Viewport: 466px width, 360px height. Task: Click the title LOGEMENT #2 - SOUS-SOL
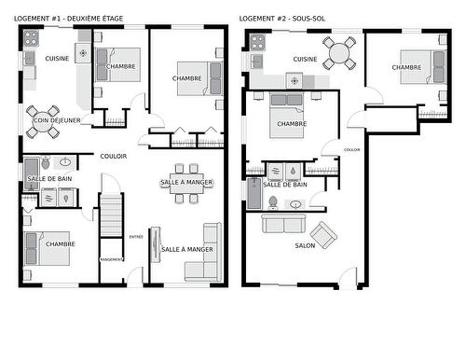point(282,18)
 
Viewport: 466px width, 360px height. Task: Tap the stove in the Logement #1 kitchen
point(31,38)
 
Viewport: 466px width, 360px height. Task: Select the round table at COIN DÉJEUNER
point(43,120)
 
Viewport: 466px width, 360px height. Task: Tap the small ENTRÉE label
point(136,236)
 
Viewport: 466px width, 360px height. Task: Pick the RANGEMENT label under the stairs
point(111,259)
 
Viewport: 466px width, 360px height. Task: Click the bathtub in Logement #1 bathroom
point(46,197)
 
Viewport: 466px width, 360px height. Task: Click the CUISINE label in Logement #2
point(305,60)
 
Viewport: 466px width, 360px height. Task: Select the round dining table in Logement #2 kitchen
point(339,51)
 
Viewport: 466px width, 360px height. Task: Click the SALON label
point(304,246)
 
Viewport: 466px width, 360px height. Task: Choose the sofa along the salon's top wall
point(281,223)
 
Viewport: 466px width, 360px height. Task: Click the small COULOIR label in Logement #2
point(351,149)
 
